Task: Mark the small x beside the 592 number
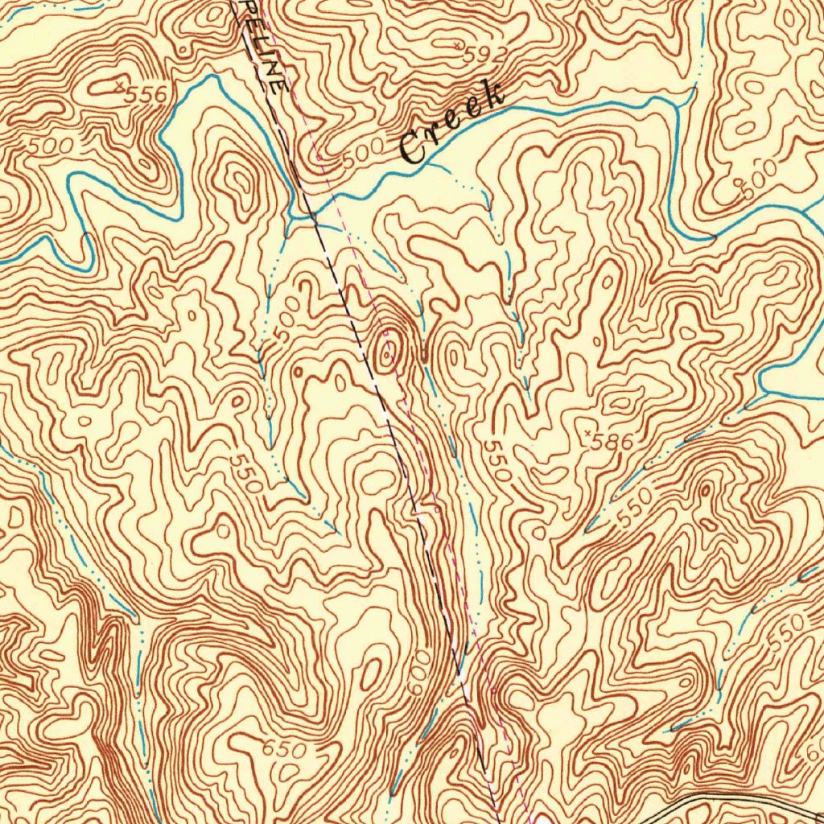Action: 459,47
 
